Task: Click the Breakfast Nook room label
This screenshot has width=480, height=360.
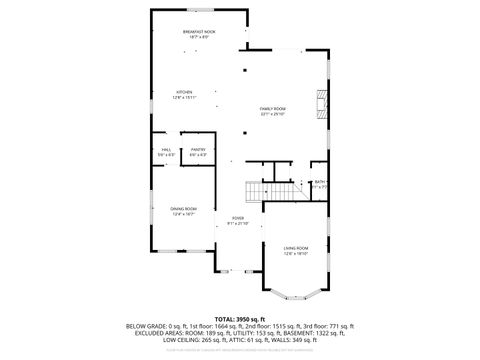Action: (x=198, y=33)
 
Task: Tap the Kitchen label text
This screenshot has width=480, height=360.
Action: (x=183, y=94)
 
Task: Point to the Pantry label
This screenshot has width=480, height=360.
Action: (x=198, y=152)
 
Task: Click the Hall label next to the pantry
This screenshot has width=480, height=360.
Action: (x=165, y=152)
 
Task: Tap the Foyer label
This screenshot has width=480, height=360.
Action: (x=238, y=219)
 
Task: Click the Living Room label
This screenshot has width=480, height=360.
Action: (x=295, y=250)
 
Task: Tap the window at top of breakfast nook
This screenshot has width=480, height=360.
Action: (x=198, y=10)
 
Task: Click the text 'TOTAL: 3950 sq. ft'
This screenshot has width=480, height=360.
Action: (x=240, y=318)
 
